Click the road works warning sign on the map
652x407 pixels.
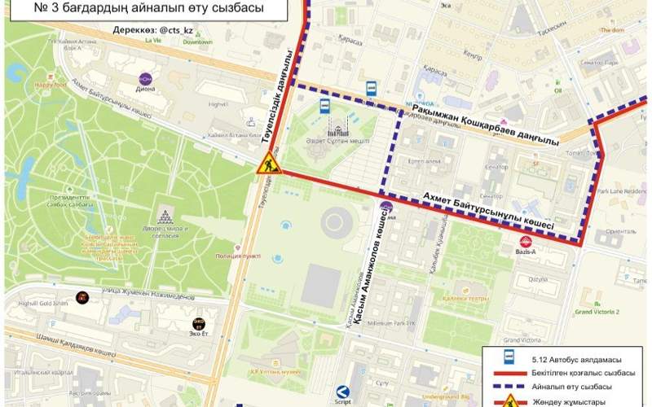pyautogui.click(x=266, y=165)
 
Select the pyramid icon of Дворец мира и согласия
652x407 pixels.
pyautogui.click(x=165, y=217)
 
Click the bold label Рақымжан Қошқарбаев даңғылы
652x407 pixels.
pyautogui.click(x=485, y=126)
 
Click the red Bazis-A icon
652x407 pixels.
pyautogui.click(x=526, y=241)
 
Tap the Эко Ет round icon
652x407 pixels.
pyautogui.click(x=200, y=324)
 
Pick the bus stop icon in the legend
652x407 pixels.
pyautogui.click(x=508, y=356)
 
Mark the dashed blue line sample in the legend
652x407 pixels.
pyautogui.click(x=508, y=386)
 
